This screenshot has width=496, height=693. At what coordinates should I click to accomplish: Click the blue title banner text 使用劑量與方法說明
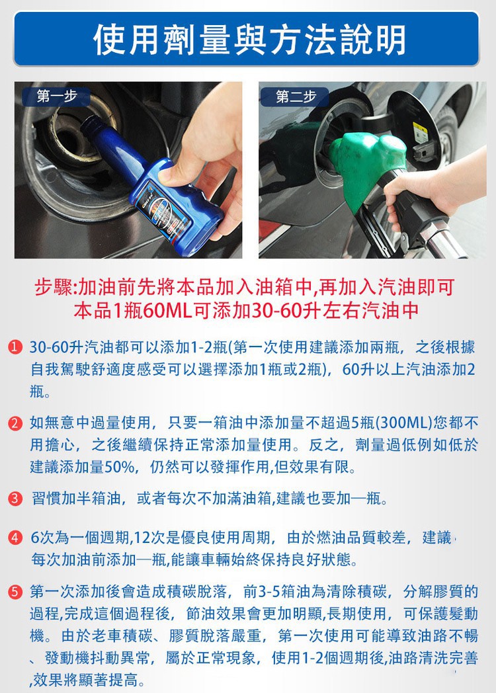click(249, 40)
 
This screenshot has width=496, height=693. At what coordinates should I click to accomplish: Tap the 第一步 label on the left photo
click(57, 96)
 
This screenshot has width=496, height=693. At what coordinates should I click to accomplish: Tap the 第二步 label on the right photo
click(296, 97)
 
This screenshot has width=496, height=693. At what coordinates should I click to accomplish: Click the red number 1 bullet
click(15, 347)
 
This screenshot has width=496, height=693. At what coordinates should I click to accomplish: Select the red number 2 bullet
click(15, 423)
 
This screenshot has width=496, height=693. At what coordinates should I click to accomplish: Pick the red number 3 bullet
click(15, 499)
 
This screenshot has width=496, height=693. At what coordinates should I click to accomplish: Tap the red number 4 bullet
click(15, 538)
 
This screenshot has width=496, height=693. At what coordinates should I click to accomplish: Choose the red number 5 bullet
click(15, 591)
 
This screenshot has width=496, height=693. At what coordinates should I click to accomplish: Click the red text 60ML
click(167, 311)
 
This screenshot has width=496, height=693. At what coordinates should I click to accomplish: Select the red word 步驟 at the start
click(54, 287)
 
